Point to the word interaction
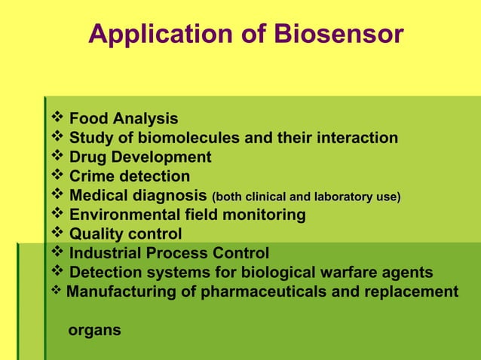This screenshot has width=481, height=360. tap(353, 139)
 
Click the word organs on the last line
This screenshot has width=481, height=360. tap(94, 330)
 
